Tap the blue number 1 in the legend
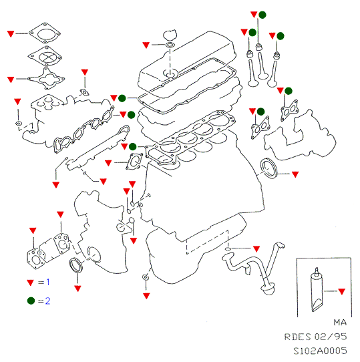[48, 282]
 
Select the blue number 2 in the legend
[47, 301]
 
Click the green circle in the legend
[31, 301]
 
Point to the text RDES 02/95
[315, 337]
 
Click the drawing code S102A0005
[320, 351]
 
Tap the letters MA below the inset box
[340, 323]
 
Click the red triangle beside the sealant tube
[342, 291]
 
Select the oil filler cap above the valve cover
[170, 35]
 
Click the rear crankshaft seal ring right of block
[268, 168]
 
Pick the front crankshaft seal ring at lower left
[75, 266]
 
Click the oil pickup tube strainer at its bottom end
[268, 289]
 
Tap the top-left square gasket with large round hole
[45, 33]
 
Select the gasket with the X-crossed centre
[45, 56]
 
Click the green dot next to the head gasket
[132, 146]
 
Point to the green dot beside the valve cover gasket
[122, 98]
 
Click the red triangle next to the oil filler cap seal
[146, 45]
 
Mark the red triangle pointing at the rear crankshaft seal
[295, 174]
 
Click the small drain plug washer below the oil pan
[146, 277]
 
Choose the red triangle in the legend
[31, 283]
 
